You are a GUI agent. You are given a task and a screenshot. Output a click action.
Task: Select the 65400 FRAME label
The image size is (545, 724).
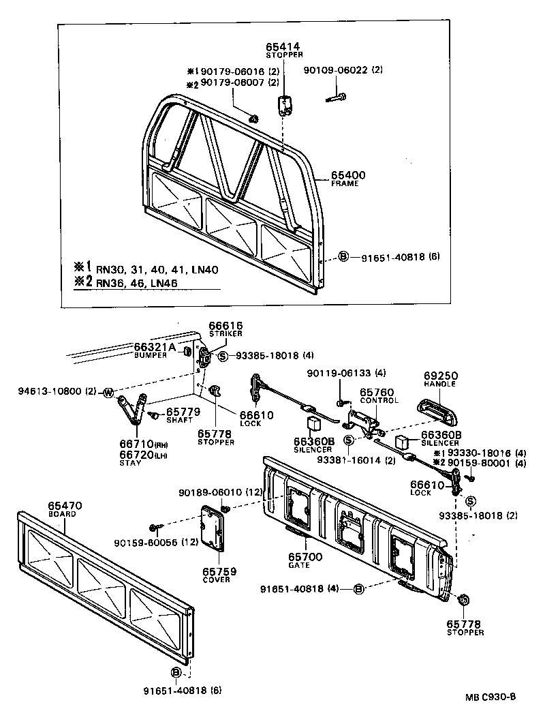[x=348, y=179]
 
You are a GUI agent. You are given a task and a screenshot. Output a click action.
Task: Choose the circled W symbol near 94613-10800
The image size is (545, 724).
[x=108, y=392]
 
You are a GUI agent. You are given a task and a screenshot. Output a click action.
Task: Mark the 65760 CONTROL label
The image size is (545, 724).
[x=379, y=395]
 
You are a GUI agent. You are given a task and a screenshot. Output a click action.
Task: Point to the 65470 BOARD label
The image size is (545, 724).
[x=65, y=509]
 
